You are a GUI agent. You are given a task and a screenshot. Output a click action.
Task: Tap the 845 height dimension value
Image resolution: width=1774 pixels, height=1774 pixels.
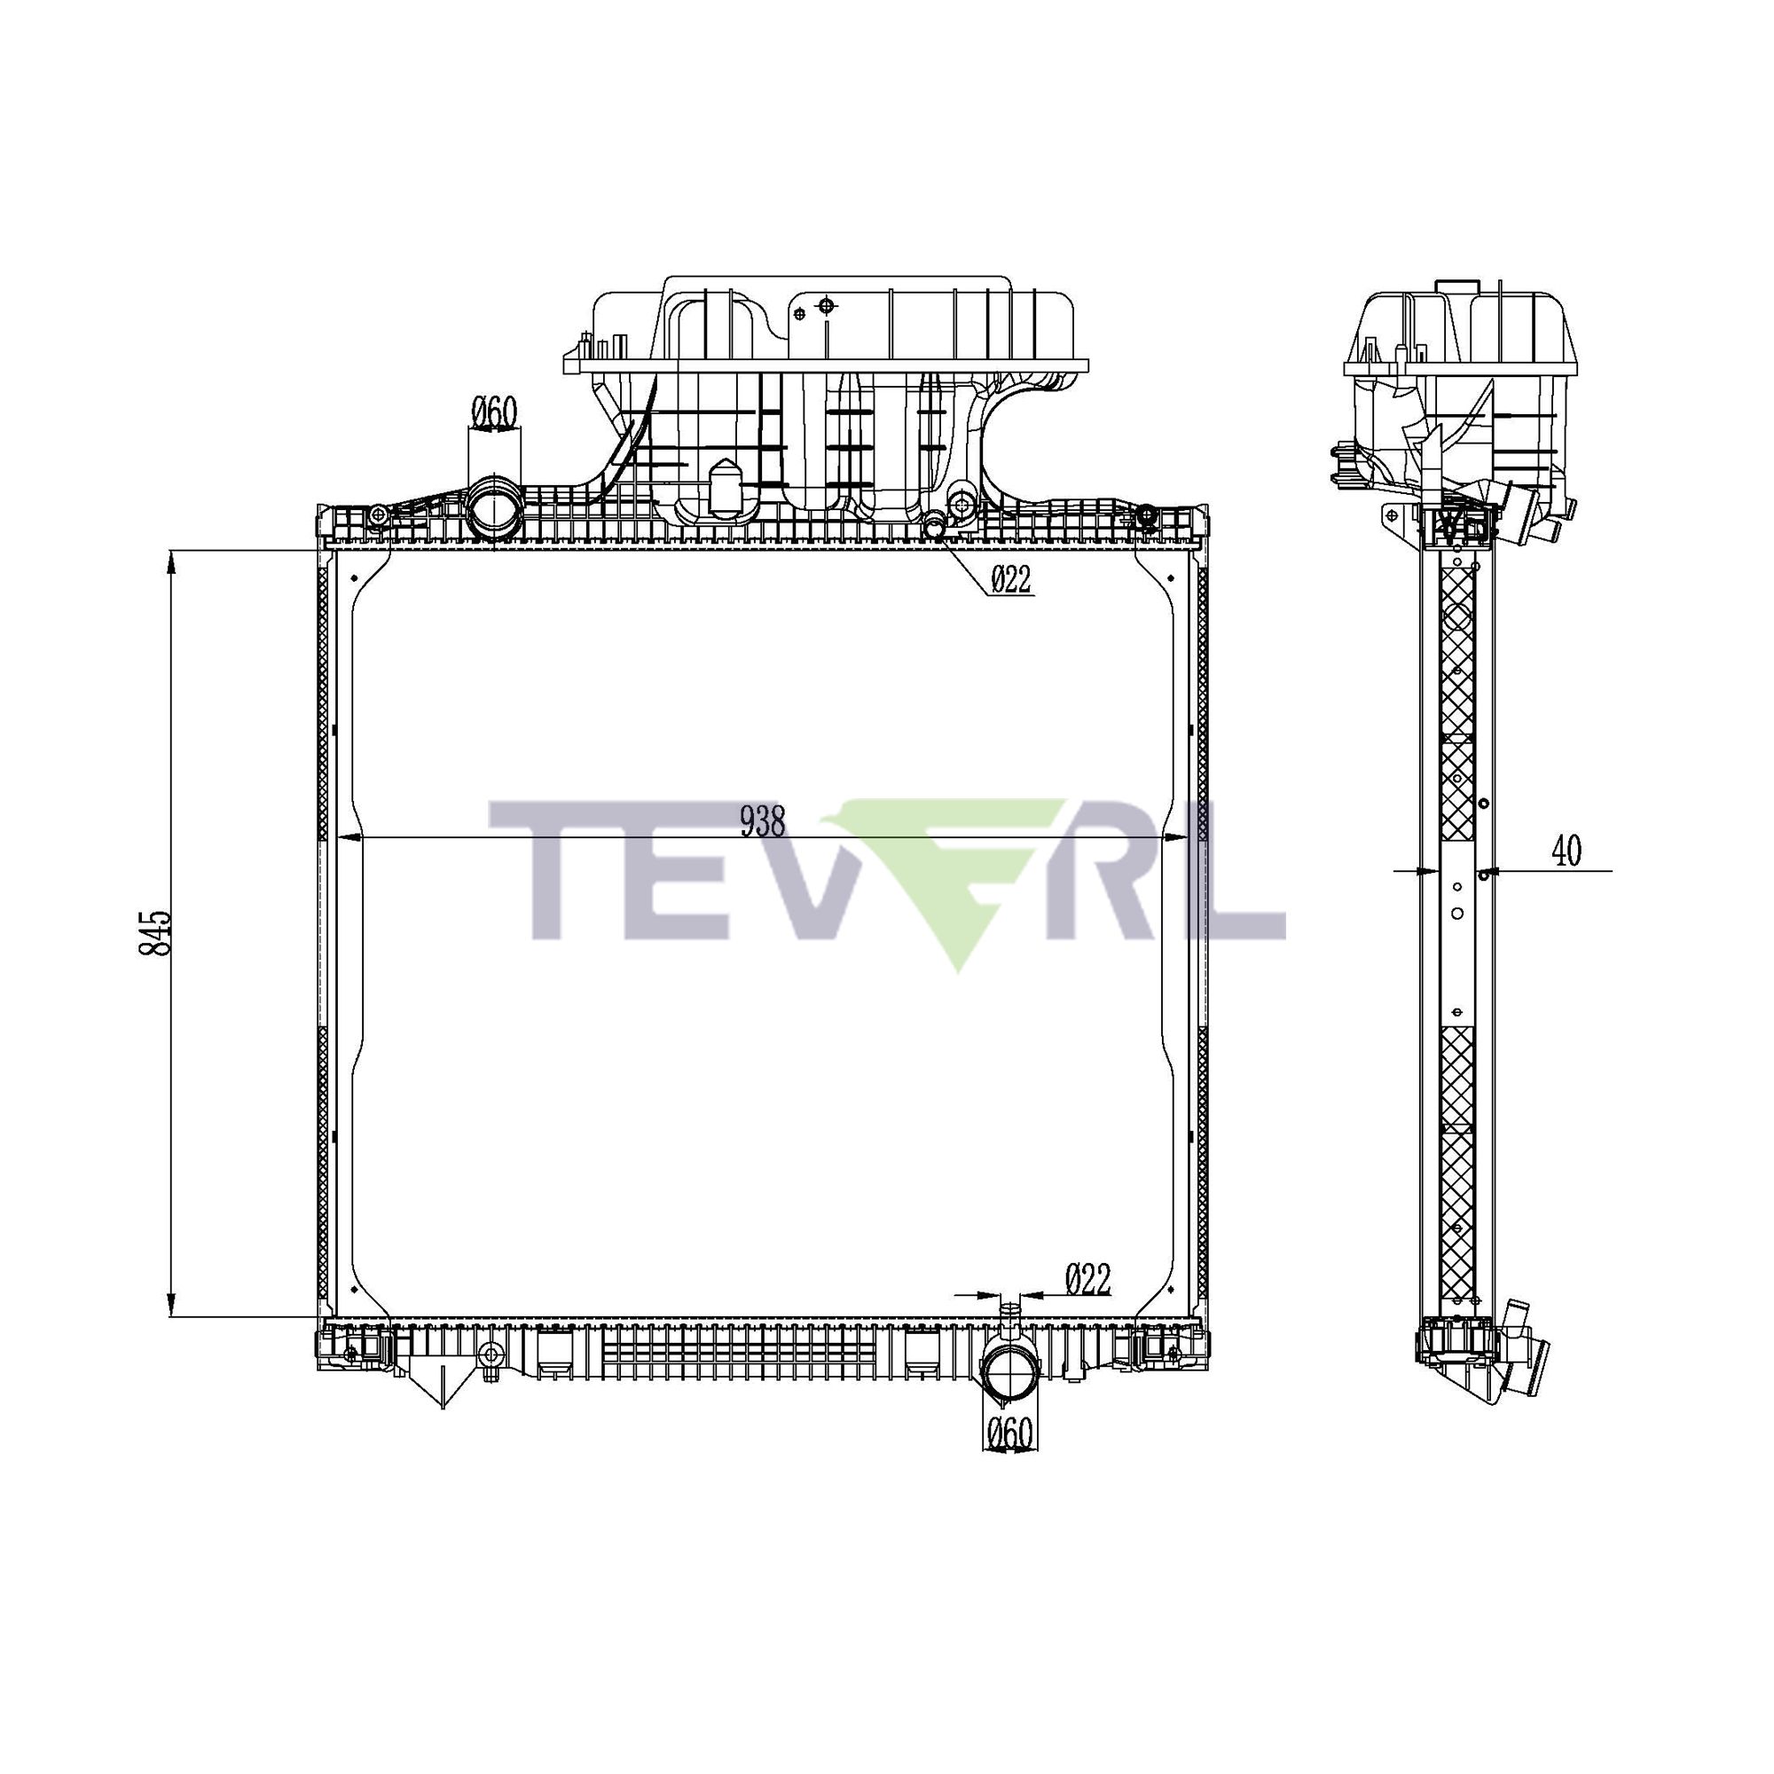point(154,934)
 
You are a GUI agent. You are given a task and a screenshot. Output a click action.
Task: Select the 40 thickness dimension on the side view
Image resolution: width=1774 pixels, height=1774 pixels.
point(1566,852)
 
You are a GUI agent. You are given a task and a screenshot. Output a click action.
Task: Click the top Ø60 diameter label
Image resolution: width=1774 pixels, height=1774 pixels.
point(495,413)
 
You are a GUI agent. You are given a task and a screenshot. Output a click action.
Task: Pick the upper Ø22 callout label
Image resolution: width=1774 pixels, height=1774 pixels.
point(1011,579)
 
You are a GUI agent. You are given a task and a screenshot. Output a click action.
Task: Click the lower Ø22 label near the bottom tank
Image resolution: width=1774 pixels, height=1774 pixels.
point(1088,1279)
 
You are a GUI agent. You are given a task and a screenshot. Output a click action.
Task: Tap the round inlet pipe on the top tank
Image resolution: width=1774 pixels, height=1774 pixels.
point(493,507)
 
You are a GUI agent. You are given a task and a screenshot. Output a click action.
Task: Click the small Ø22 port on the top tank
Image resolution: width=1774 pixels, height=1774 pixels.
point(935,526)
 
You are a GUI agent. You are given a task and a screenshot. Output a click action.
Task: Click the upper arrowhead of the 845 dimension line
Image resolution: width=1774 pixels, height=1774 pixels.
point(172,562)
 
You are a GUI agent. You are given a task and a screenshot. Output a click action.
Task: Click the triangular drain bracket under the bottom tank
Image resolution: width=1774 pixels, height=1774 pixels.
point(442,1386)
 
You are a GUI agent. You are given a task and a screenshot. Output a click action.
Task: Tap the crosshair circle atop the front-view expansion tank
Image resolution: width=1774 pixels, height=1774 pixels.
point(826,305)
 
